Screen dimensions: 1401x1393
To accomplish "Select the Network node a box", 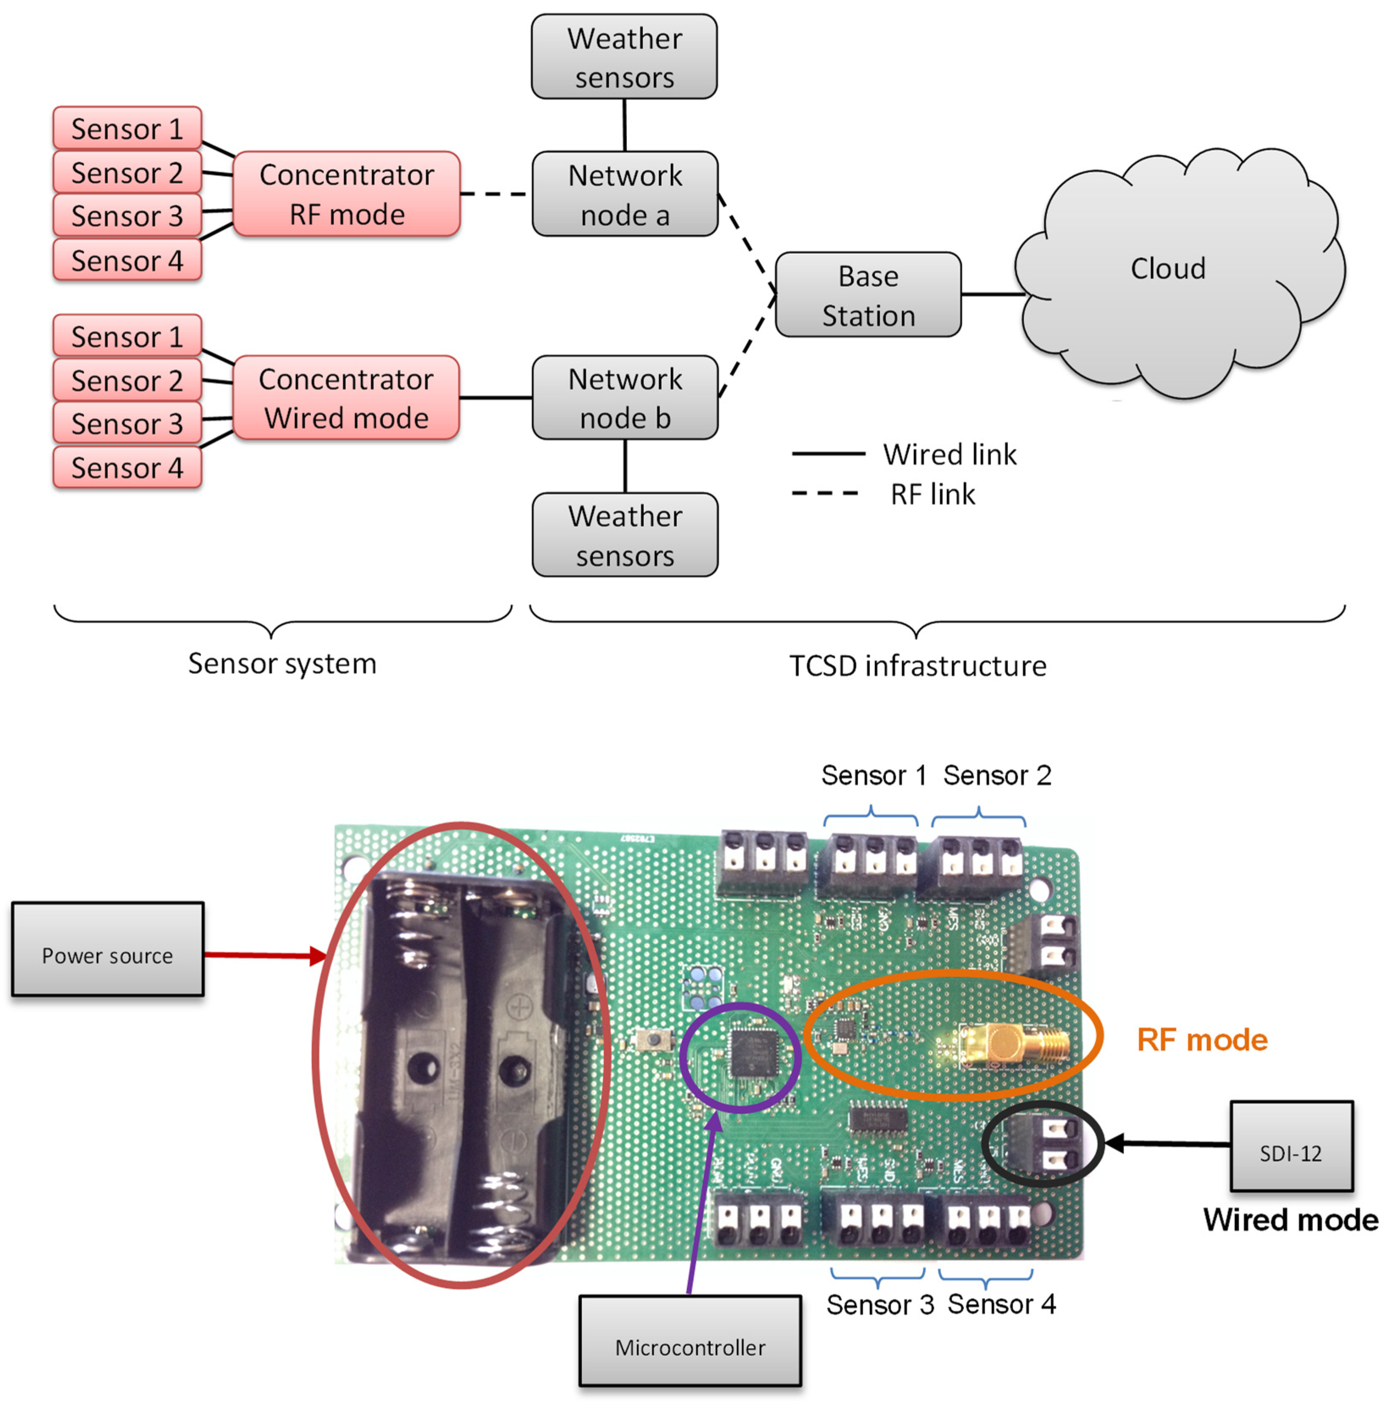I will click(625, 194).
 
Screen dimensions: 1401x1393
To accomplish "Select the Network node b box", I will click(625, 398).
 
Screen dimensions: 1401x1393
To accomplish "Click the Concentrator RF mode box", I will click(346, 194).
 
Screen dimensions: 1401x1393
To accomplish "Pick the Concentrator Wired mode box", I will click(346, 398).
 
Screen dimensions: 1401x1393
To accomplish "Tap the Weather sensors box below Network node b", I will click(625, 535).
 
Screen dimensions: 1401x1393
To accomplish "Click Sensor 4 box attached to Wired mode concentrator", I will click(127, 468).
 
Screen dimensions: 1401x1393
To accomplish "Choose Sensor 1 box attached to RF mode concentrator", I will click(127, 128).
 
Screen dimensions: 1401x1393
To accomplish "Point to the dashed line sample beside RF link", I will click(825, 494).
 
